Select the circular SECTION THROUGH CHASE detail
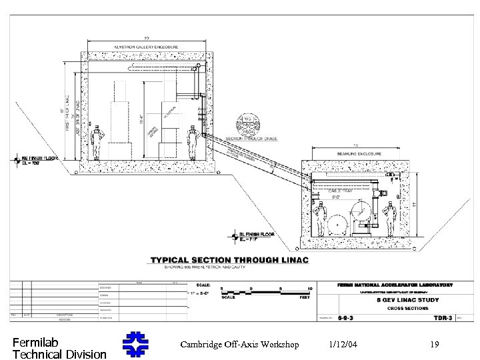[247, 124]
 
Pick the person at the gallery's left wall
[97, 143]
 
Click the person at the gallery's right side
[193, 143]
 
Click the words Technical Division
[59, 353]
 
